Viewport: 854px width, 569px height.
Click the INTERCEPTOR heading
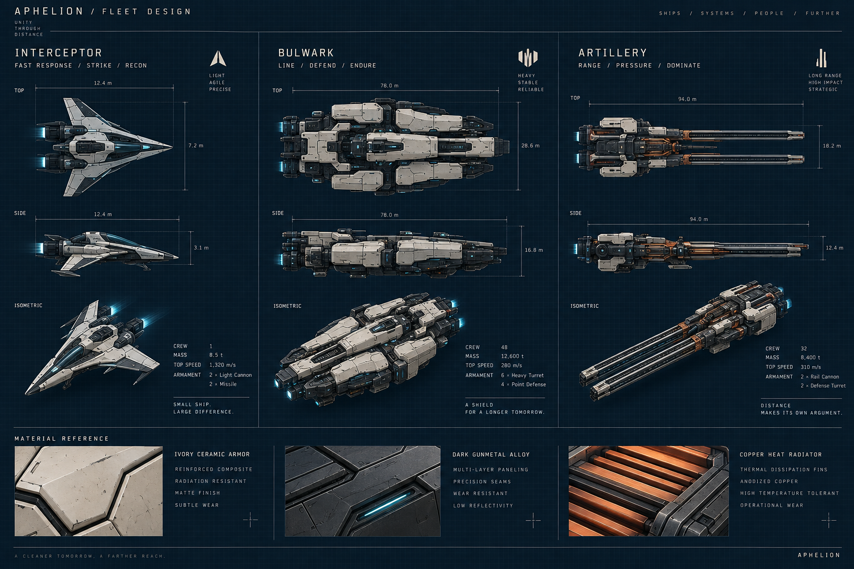click(58, 53)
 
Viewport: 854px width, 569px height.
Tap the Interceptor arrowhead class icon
click(218, 59)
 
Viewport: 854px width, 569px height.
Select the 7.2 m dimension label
click(196, 146)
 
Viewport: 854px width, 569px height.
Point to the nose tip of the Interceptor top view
click(172, 146)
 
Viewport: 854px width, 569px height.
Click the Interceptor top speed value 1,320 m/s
click(222, 365)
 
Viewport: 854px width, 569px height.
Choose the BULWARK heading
click(306, 53)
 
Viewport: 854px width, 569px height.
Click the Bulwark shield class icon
click(528, 58)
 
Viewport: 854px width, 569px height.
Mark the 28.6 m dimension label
click(530, 146)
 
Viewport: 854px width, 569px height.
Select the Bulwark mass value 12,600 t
click(512, 356)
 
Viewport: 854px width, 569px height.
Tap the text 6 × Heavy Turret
click(522, 376)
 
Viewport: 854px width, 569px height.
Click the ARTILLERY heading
click(613, 53)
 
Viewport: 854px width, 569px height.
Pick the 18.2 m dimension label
click(832, 146)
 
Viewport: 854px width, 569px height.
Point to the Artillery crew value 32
click(803, 348)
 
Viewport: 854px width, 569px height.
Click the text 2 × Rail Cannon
click(820, 377)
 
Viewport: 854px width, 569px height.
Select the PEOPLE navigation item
click(769, 13)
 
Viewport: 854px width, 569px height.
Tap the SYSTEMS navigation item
click(718, 13)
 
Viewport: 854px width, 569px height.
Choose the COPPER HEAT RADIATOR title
click(781, 455)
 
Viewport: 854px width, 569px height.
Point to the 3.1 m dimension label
click(201, 248)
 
